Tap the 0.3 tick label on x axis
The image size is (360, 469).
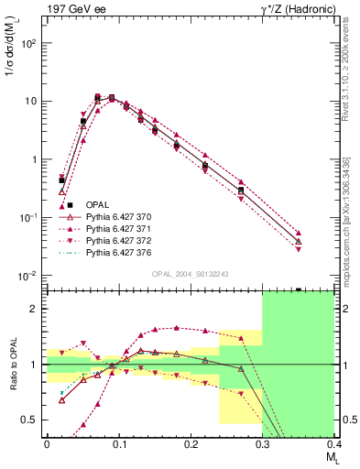[262, 444]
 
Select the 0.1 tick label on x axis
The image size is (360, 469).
[118, 444]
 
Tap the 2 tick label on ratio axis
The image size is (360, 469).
[36, 309]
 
